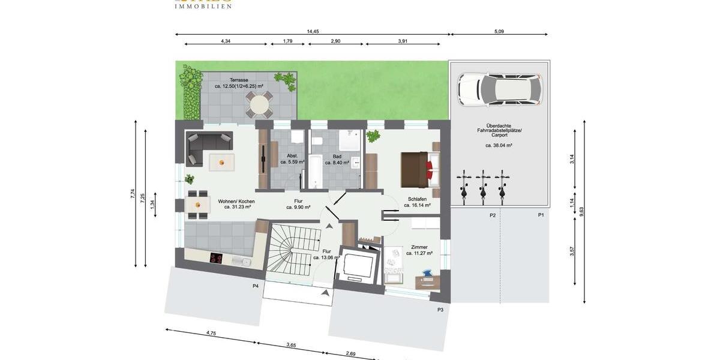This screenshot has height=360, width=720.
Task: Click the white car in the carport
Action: pos(499,89)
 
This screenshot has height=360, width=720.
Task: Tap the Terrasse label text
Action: pos(239,80)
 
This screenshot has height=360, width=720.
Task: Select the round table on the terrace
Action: pos(259,106)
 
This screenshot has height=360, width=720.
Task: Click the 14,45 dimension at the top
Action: pos(313,31)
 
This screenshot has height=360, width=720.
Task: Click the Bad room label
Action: pos(337,157)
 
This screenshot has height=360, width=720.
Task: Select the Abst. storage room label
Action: pos(292,156)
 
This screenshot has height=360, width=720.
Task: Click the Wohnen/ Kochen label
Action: pos(236,202)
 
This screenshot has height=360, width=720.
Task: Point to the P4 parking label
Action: pos(256,286)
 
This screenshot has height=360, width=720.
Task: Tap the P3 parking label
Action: pos(440,310)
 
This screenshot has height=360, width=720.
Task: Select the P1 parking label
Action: pos(541,215)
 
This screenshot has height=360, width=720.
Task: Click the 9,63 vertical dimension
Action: pos(581,211)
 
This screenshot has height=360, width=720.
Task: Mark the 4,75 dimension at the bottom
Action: pos(211,332)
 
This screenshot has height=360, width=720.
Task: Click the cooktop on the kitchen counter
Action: pos(216,259)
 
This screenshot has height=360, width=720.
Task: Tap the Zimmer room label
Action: pos(419,247)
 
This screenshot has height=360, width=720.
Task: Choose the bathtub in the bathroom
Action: pos(315,172)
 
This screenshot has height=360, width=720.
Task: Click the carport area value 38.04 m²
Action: pos(499,145)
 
